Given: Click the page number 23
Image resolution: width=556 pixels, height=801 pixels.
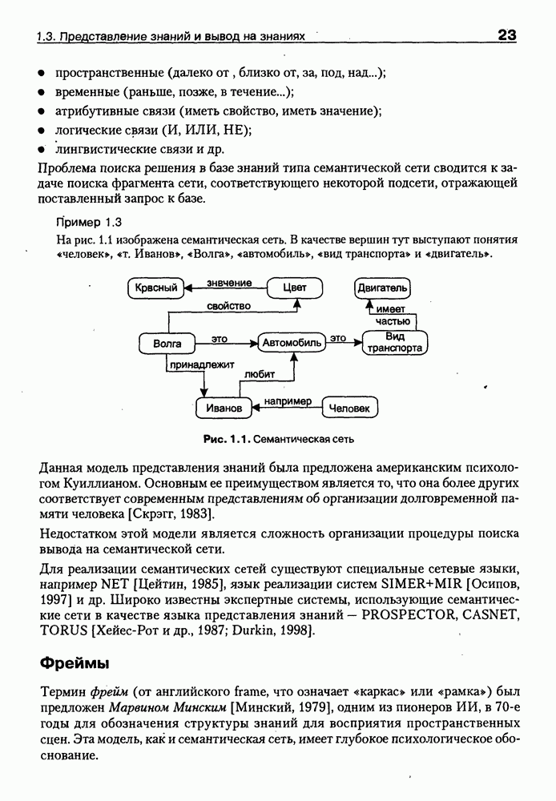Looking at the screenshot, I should (506, 35).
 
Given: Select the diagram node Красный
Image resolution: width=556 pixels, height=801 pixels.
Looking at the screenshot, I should (156, 288).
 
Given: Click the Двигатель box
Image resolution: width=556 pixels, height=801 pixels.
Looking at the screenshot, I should (382, 288).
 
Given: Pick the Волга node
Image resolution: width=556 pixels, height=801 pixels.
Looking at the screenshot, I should (167, 344).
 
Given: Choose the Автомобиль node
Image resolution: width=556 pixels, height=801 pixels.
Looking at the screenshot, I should (292, 344).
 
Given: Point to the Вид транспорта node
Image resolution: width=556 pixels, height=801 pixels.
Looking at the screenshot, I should (394, 343).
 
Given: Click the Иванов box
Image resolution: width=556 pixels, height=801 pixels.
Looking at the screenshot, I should (224, 408).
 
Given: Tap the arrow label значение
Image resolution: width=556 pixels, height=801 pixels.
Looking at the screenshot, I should (229, 283).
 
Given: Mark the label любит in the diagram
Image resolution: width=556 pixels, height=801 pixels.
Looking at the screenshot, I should (259, 372).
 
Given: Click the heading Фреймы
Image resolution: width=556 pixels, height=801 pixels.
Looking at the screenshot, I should (74, 663).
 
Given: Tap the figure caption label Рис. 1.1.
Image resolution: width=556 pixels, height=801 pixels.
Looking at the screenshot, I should (228, 439).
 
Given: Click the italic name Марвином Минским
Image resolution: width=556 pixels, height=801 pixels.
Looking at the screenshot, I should (168, 707).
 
